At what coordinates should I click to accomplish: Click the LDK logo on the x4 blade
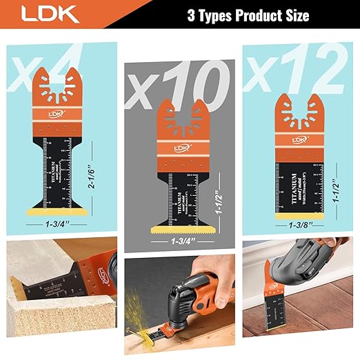click(x=52, y=117)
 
